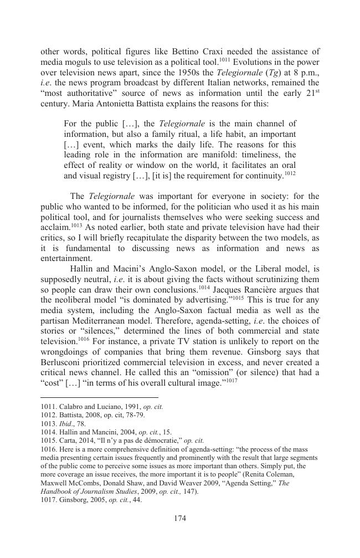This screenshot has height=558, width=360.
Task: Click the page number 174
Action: tap(179, 519)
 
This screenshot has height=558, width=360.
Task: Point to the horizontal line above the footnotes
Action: tap(100, 397)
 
